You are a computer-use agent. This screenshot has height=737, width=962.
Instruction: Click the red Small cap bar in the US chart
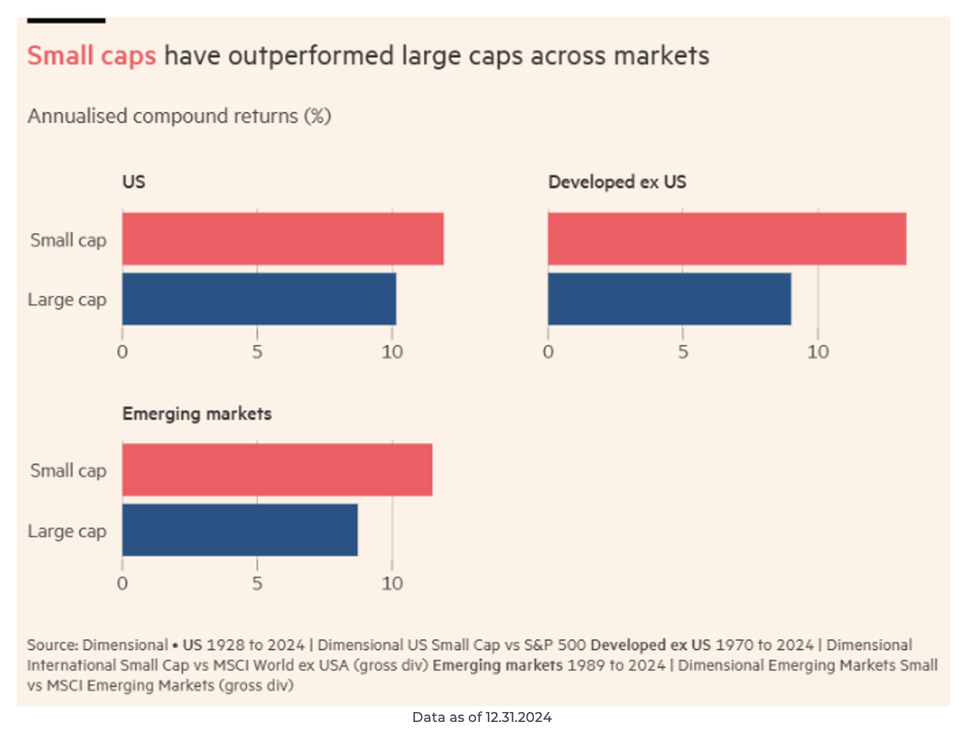(283, 239)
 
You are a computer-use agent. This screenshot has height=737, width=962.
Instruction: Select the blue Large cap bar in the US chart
(258, 298)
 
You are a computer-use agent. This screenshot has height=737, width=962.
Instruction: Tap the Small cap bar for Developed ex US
(726, 239)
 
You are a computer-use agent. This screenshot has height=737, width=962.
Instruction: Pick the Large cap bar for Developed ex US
(669, 298)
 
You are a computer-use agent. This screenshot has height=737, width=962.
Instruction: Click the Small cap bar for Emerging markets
(277, 470)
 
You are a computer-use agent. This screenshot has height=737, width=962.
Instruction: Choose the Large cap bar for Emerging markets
(239, 529)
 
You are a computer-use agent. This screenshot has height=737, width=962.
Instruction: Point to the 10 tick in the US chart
(392, 352)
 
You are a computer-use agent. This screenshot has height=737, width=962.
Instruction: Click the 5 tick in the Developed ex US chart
(683, 352)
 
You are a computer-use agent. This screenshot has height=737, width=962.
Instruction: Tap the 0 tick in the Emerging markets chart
(123, 583)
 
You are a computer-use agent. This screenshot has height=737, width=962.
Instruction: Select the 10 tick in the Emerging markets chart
(392, 583)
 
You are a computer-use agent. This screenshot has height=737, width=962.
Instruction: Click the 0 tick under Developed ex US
(548, 352)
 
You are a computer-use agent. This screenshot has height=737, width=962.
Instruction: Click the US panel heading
(133, 181)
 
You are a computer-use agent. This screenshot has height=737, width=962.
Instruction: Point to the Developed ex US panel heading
(617, 181)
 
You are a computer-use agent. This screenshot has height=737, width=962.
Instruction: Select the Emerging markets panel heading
(197, 414)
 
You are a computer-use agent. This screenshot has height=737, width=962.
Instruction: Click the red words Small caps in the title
(92, 56)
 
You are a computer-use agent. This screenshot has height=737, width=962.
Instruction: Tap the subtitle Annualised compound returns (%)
(179, 116)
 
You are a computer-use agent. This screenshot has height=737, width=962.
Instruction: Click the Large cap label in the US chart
(68, 299)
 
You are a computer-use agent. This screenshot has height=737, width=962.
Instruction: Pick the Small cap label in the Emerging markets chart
(68, 471)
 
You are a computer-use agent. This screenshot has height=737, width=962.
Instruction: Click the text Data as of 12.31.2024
(482, 717)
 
